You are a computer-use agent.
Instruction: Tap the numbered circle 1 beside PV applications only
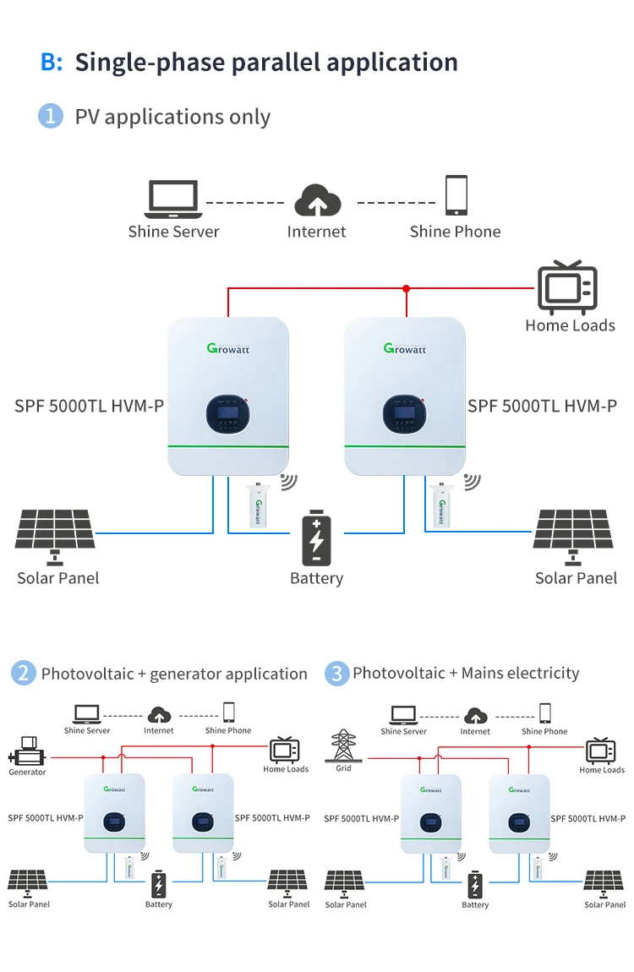pyautogui.click(x=51, y=116)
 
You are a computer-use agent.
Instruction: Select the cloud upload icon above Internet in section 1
pyautogui.click(x=317, y=201)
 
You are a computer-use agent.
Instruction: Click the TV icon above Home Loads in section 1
pyautogui.click(x=568, y=288)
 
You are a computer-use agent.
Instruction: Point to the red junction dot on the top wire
pyautogui.click(x=407, y=288)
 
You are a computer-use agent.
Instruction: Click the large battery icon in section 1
pyautogui.click(x=316, y=538)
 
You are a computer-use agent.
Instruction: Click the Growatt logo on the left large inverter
pyautogui.click(x=228, y=347)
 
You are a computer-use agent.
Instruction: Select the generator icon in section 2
pyautogui.click(x=29, y=749)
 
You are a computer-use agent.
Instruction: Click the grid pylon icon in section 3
pyautogui.click(x=343, y=745)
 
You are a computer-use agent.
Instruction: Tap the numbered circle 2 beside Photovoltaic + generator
pyautogui.click(x=23, y=674)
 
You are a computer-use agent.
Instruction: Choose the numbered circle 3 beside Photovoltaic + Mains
pyautogui.click(x=336, y=674)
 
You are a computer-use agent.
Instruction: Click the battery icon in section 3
pyautogui.click(x=475, y=885)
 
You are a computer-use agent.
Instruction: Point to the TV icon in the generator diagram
pyautogui.click(x=285, y=750)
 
